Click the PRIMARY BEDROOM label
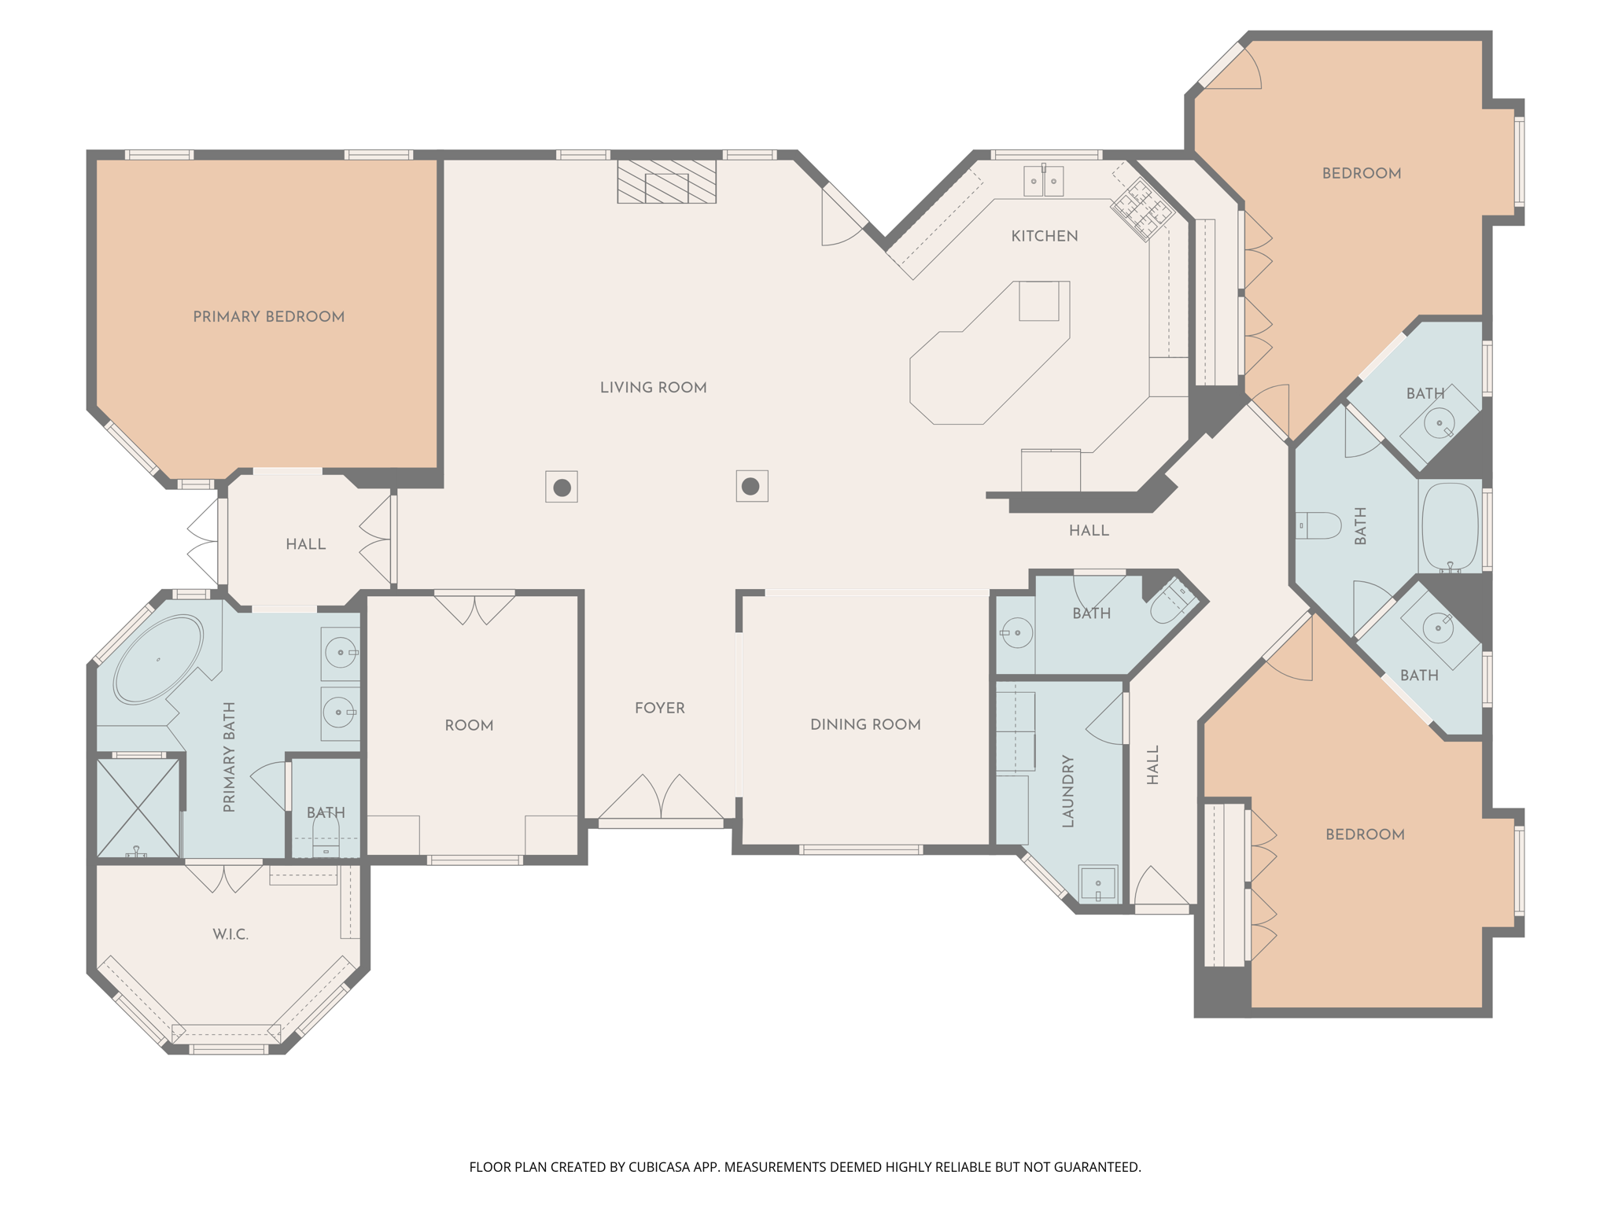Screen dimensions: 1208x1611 coord(268,317)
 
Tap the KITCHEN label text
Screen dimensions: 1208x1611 coord(1044,236)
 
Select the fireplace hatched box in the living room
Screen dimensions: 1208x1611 coord(666,182)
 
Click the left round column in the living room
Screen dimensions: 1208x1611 coord(562,488)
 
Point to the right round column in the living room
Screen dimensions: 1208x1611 coord(751,486)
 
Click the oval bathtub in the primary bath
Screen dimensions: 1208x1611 coord(158,659)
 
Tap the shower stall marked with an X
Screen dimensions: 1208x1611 coord(138,807)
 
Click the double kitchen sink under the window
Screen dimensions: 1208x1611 coord(1043,181)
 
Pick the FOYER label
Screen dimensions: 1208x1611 coord(659,708)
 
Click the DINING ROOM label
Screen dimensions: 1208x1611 coord(865,724)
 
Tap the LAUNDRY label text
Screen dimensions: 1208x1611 coord(1067,791)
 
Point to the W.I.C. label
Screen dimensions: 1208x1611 coord(230,934)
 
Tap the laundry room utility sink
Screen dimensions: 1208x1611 coord(1097,883)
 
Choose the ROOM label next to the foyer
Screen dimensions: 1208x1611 coord(469,725)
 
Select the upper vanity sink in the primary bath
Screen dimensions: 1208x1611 coord(341,653)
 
